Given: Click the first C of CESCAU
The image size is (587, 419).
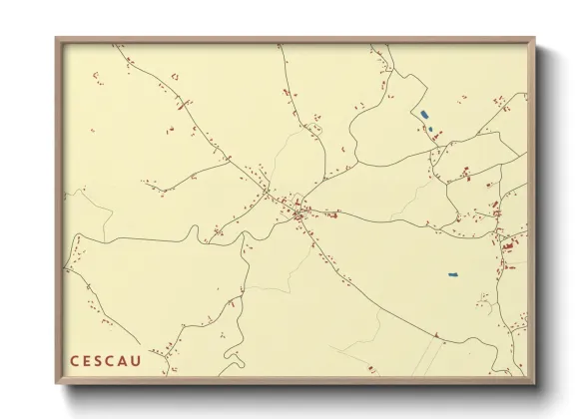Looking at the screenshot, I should [x=73, y=361].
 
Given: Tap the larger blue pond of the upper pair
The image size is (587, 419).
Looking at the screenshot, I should [x=424, y=115].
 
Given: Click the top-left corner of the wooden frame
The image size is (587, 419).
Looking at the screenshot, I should [x=57, y=39].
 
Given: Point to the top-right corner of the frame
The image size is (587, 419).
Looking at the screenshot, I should [x=534, y=39].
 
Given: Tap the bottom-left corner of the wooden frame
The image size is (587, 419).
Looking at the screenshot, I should [x=57, y=382].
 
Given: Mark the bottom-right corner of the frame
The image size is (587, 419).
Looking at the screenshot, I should [x=534, y=382].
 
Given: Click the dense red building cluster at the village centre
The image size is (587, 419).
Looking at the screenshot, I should [x=298, y=209].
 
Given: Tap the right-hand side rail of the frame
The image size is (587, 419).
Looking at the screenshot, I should [x=532, y=209].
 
